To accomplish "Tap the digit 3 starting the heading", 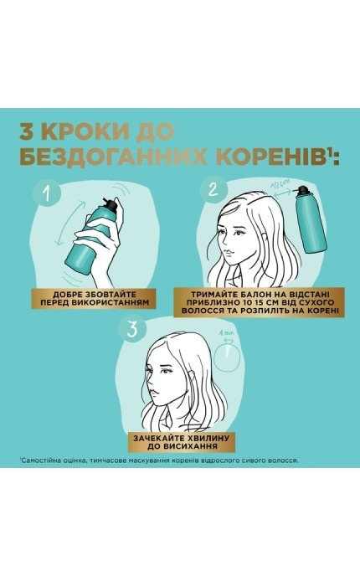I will pyautogui.click(x=28, y=131).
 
